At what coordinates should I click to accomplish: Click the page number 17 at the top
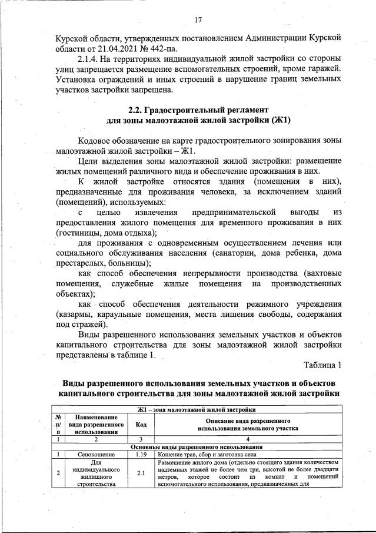198,21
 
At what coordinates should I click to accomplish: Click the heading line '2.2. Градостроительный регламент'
198,110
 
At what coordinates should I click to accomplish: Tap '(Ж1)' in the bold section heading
280,120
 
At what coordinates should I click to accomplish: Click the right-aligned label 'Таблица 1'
322,365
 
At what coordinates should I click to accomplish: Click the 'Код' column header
141,423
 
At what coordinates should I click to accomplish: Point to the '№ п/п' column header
58,423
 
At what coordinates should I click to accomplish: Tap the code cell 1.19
141,454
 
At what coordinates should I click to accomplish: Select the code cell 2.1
141,473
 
